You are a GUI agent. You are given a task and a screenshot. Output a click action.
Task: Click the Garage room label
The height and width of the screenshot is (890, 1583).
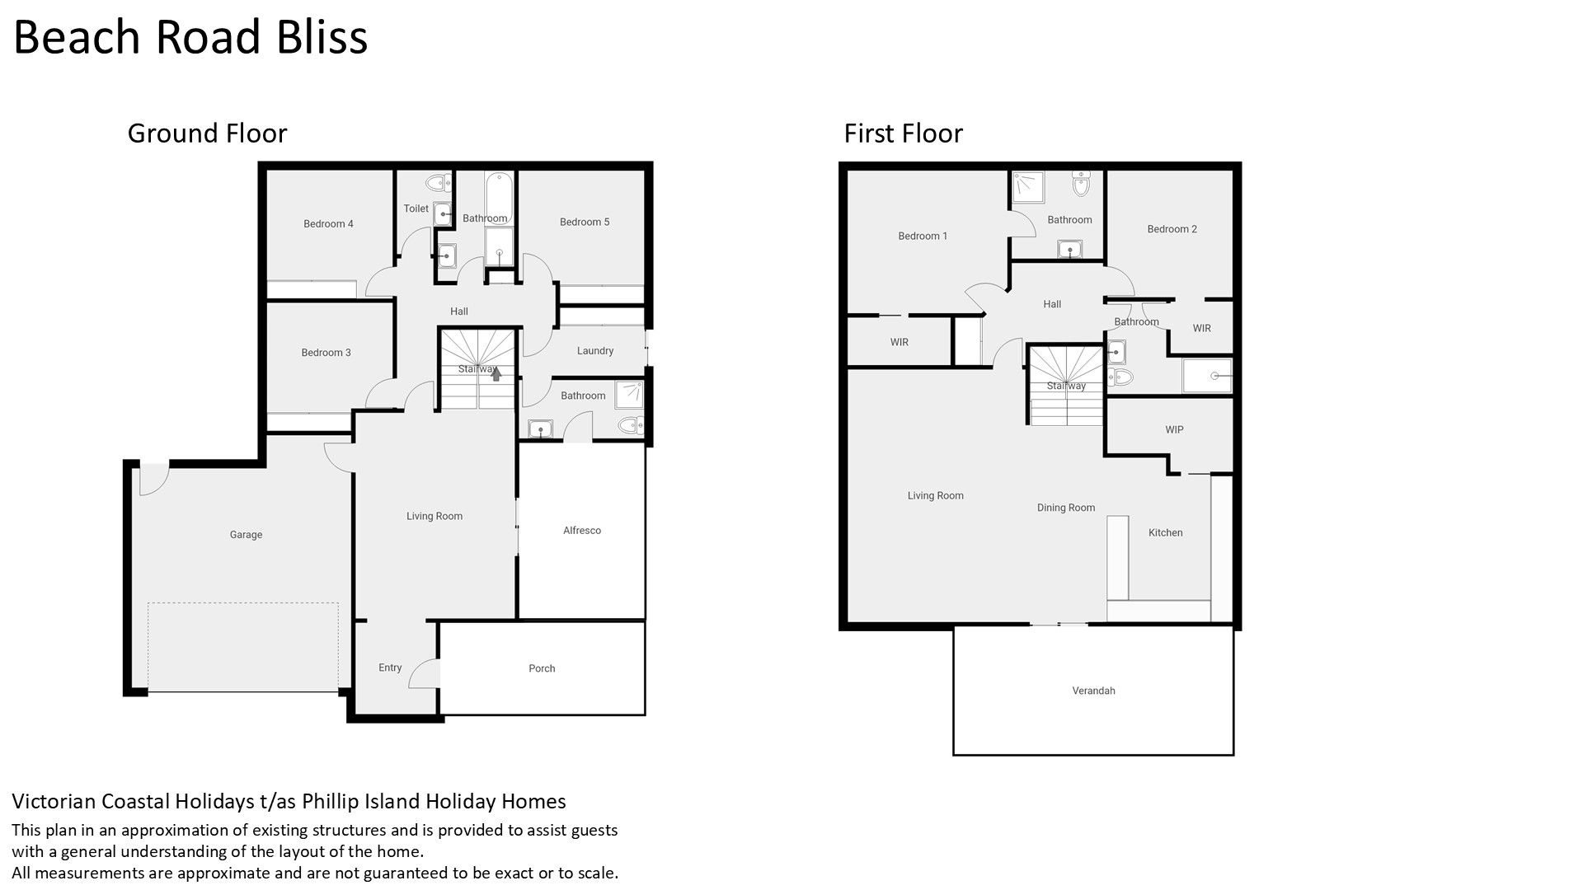(x=246, y=535)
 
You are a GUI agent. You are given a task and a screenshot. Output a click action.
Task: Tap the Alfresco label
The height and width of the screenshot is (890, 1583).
(x=582, y=531)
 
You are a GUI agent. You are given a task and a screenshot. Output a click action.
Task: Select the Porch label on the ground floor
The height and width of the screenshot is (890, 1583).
(x=542, y=668)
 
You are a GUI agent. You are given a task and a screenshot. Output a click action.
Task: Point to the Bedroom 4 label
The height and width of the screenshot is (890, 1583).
(x=328, y=224)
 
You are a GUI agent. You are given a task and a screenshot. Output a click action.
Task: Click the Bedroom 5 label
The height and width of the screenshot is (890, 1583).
(x=585, y=222)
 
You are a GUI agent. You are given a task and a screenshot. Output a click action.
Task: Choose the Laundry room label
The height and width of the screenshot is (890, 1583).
(x=595, y=351)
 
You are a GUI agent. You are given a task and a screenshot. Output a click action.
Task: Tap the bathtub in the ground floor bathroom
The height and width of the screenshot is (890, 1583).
(x=499, y=196)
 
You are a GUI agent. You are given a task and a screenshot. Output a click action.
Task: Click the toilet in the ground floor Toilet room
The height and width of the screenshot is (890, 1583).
(x=437, y=182)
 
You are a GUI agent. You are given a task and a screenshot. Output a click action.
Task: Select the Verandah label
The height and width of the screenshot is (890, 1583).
(x=1093, y=691)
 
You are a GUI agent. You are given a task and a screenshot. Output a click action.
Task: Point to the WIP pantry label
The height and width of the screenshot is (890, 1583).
(x=1174, y=430)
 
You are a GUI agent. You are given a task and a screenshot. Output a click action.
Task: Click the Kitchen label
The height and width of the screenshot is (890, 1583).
(x=1166, y=533)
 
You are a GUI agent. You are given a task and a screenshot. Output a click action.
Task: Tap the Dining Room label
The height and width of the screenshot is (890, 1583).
(x=1066, y=508)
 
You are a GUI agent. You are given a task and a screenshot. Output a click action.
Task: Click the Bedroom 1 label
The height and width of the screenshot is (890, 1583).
(x=923, y=237)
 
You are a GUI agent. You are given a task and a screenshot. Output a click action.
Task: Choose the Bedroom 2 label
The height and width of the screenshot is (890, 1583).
(x=1172, y=229)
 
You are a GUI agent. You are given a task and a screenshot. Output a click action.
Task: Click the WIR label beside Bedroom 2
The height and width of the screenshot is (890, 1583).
(x=1202, y=329)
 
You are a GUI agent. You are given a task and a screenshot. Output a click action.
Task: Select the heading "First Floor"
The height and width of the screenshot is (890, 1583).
(x=903, y=133)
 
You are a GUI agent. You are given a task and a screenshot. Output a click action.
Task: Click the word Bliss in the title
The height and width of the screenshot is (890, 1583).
(x=322, y=38)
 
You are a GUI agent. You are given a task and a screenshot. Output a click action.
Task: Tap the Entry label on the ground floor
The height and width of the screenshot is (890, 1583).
(x=390, y=668)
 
